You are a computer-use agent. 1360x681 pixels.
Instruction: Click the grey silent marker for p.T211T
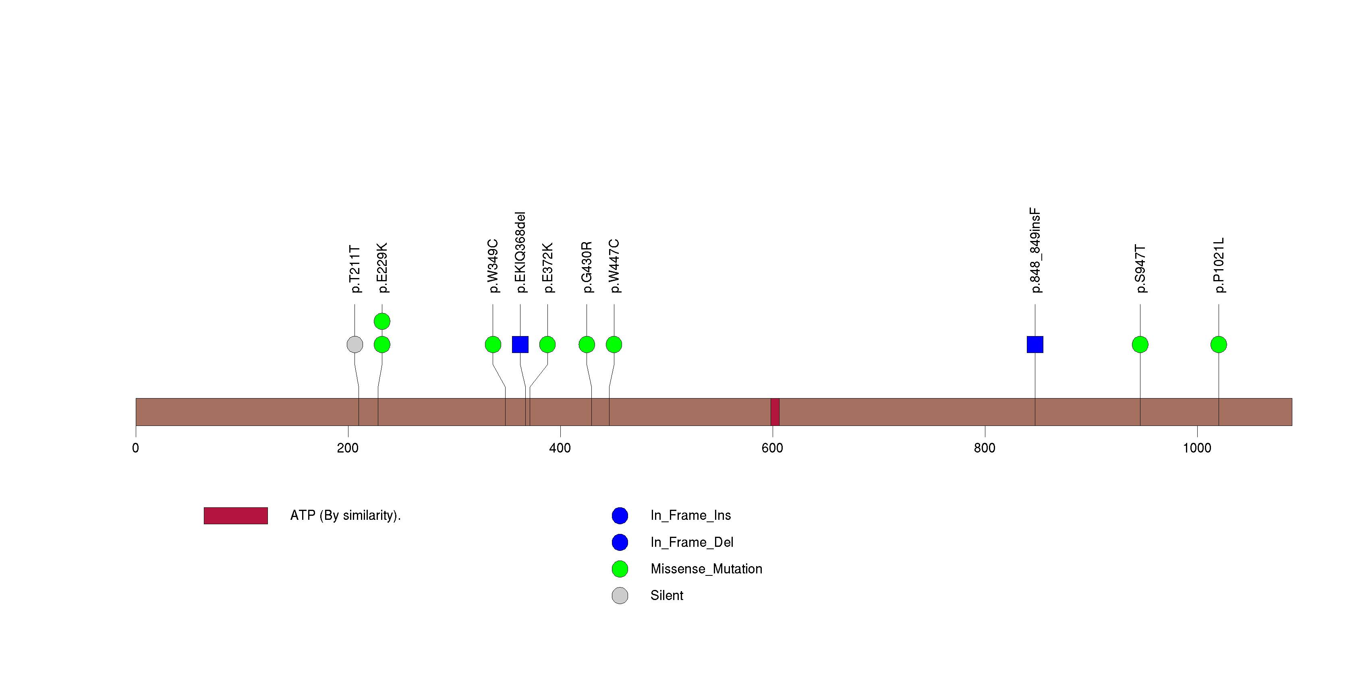point(355,345)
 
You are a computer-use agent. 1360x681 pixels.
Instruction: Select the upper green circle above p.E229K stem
point(382,321)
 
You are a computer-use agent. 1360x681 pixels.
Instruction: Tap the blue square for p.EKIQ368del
point(520,345)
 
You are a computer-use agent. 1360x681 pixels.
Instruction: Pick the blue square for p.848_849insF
point(1035,345)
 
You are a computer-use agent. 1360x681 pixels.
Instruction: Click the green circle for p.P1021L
point(1219,345)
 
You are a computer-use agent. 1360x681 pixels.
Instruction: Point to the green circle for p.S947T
point(1140,345)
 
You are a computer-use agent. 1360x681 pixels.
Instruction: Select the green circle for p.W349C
point(493,345)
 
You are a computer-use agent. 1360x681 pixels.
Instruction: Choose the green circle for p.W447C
point(614,345)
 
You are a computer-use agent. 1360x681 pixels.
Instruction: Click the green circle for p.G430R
point(587,345)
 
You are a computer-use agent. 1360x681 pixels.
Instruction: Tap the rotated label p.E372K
point(547,268)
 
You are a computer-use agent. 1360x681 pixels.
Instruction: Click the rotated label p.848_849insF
point(1035,250)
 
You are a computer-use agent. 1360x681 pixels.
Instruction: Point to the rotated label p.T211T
point(355,269)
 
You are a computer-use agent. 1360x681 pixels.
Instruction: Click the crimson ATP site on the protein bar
point(775,412)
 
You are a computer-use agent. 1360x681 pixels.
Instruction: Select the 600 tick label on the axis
point(772,448)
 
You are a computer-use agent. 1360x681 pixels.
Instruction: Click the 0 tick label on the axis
point(136,448)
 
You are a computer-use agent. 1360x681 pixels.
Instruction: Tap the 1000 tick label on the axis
point(1197,448)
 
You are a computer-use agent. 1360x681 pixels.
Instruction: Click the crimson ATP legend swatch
point(236,516)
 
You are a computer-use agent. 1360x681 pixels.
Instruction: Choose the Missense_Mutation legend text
point(707,569)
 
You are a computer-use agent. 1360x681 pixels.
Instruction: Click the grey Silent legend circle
point(620,596)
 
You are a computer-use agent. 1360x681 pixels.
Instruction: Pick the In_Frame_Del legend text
point(692,542)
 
